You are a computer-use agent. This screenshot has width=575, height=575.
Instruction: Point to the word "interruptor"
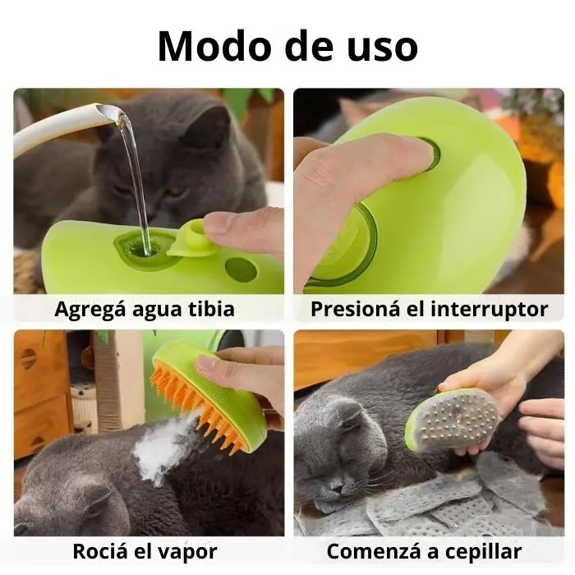[x=490, y=310]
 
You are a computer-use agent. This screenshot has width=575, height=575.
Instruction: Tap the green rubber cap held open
[x=191, y=239]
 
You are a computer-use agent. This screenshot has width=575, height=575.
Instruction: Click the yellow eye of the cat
[x=176, y=191]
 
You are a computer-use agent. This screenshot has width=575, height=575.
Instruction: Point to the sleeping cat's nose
[x=338, y=487]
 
